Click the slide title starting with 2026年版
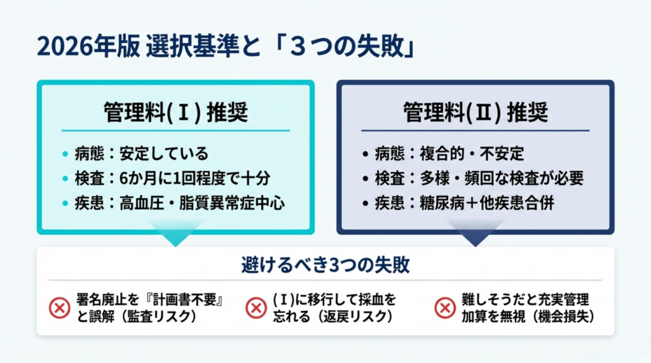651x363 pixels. click(226, 47)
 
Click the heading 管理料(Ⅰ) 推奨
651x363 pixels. click(175, 112)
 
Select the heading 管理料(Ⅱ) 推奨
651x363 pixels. click(476, 112)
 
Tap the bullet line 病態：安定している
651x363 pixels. click(141, 154)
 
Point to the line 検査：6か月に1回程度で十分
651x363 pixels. click(172, 178)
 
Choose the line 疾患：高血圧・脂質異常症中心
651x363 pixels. click(180, 203)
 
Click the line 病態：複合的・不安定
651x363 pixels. click(449, 154)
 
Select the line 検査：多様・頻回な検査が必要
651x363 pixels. click(479, 178)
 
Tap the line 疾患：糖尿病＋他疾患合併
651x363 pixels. click(464, 203)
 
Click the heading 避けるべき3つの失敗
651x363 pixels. click(325, 265)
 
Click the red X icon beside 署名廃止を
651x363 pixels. click(59, 308)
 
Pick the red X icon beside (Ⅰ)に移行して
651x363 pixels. click(256, 308)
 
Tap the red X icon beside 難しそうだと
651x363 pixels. click(445, 308)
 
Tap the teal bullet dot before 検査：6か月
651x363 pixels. click(65, 178)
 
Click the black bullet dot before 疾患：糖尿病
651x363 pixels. click(366, 204)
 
